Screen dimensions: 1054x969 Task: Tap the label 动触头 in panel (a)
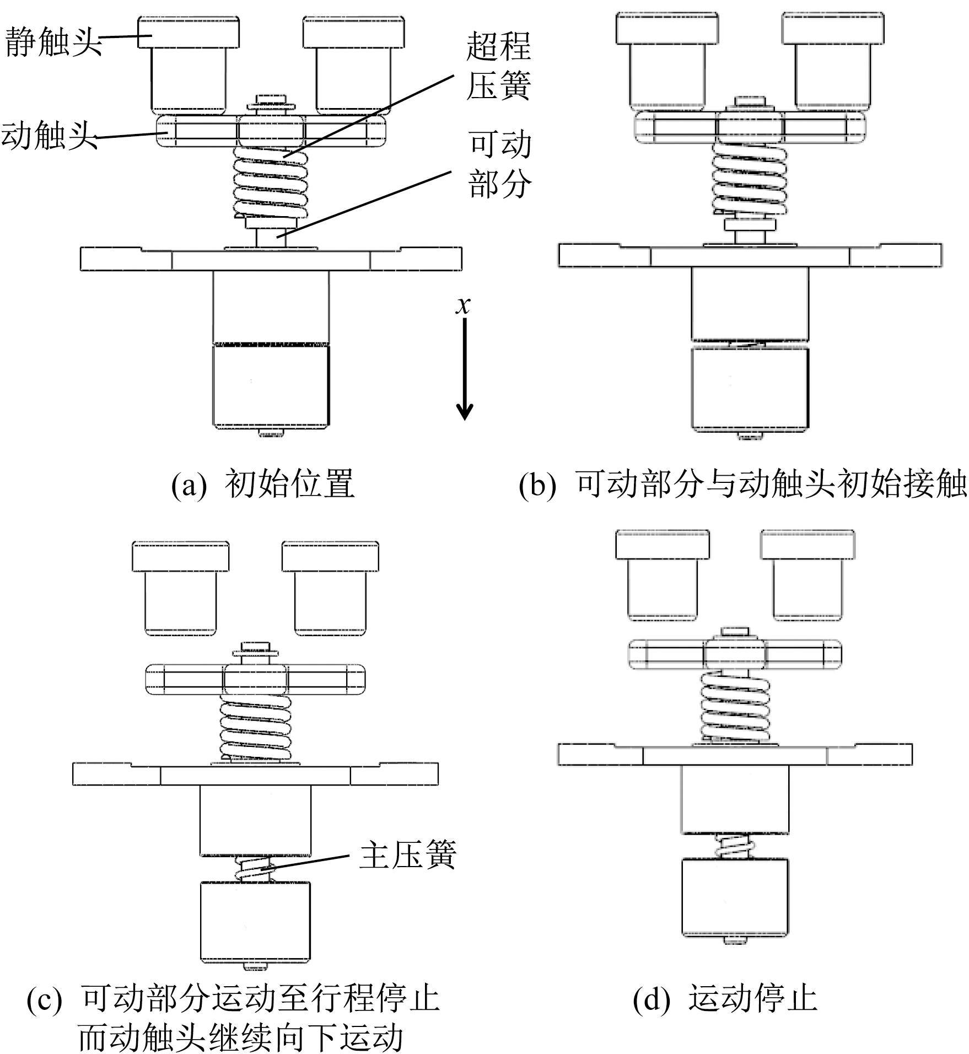(49, 136)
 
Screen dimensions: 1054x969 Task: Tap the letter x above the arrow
(463, 305)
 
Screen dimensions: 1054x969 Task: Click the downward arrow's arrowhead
(465, 411)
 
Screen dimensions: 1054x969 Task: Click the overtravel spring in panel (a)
(271, 182)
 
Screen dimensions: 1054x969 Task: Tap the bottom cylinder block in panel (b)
(750, 389)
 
